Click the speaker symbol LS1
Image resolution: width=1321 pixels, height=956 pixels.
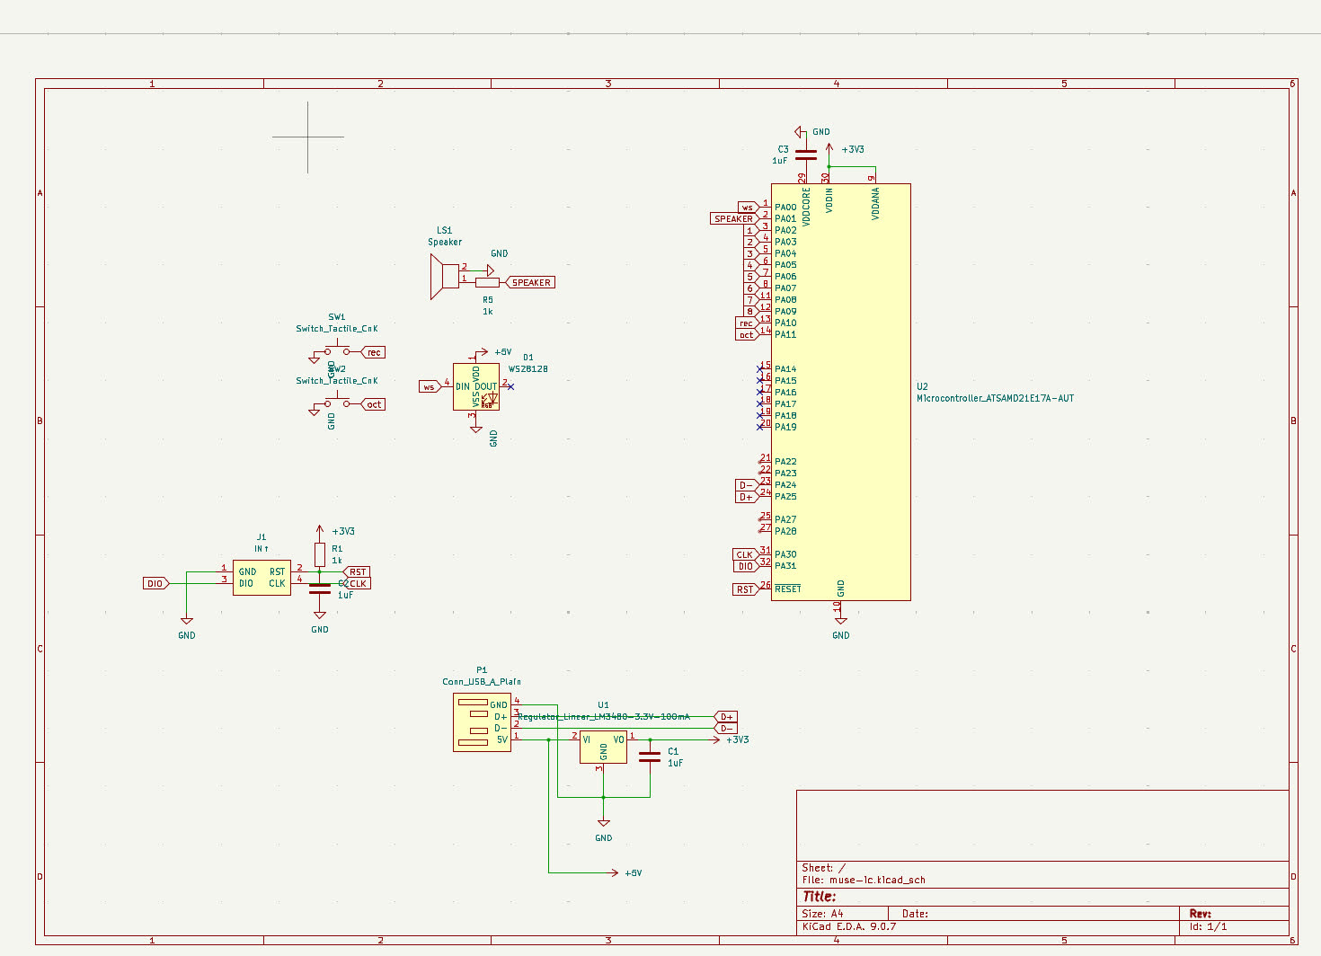444,276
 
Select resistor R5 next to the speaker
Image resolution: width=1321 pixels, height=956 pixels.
487,282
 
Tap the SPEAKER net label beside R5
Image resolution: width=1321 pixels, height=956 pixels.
531,282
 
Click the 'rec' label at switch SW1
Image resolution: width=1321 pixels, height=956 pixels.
374,352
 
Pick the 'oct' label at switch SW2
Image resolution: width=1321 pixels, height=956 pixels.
374,404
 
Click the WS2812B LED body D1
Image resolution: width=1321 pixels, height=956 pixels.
476,387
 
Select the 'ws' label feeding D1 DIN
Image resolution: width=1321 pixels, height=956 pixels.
429,387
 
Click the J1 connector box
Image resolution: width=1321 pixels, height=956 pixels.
262,578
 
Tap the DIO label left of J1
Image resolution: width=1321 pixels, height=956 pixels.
155,584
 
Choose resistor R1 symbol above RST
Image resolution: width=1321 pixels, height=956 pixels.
320,554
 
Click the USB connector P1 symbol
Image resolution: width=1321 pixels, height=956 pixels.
483,722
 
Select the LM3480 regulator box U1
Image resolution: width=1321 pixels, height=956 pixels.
603,748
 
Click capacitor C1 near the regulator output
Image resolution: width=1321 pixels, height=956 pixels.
650,757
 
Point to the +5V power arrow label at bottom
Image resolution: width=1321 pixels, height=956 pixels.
633,873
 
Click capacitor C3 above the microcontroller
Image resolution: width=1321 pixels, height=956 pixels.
806,155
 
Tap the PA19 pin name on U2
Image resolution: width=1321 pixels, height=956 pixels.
785,427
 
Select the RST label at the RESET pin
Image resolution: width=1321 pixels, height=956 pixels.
745,589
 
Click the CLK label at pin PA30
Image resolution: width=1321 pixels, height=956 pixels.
745,555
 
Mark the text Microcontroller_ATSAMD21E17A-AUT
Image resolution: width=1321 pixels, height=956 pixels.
995,398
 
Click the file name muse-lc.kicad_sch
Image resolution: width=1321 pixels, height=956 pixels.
877,881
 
